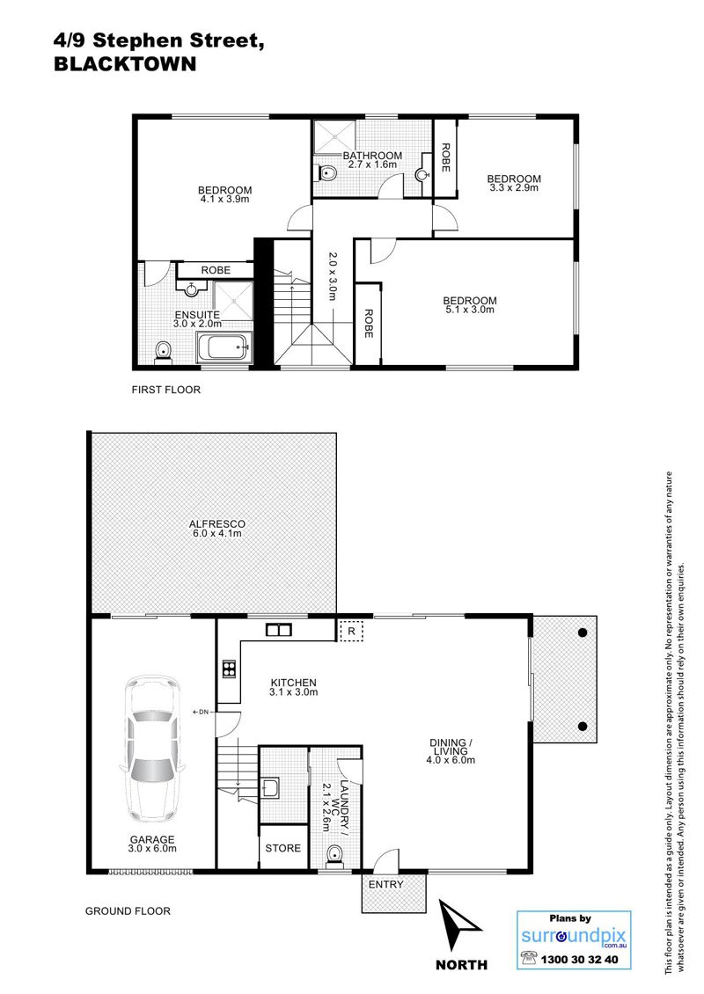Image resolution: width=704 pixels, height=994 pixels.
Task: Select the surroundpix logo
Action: pyautogui.click(x=574, y=936)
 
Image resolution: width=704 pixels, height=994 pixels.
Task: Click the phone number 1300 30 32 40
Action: pyautogui.click(x=578, y=960)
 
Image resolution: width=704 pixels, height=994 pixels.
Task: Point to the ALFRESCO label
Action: pyautogui.click(x=216, y=524)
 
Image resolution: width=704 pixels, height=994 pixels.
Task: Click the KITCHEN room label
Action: pyautogui.click(x=293, y=683)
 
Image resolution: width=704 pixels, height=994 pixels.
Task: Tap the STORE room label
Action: pyautogui.click(x=282, y=848)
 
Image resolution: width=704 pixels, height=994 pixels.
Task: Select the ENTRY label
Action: pyautogui.click(x=385, y=884)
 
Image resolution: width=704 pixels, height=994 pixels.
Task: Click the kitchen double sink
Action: pyautogui.click(x=278, y=630)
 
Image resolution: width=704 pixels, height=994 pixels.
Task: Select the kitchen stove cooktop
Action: pyautogui.click(x=229, y=669)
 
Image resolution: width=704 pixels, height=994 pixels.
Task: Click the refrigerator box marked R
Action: pyautogui.click(x=352, y=632)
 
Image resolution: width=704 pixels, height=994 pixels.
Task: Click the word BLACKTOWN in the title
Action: pyautogui.click(x=125, y=64)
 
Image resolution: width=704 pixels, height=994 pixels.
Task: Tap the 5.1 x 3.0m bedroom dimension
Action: pyautogui.click(x=469, y=310)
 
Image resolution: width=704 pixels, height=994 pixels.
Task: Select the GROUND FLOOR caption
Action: pyautogui.click(x=128, y=911)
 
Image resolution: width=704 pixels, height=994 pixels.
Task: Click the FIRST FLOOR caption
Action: pyautogui.click(x=166, y=390)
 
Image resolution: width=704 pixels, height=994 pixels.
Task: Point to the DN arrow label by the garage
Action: pyautogui.click(x=201, y=712)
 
